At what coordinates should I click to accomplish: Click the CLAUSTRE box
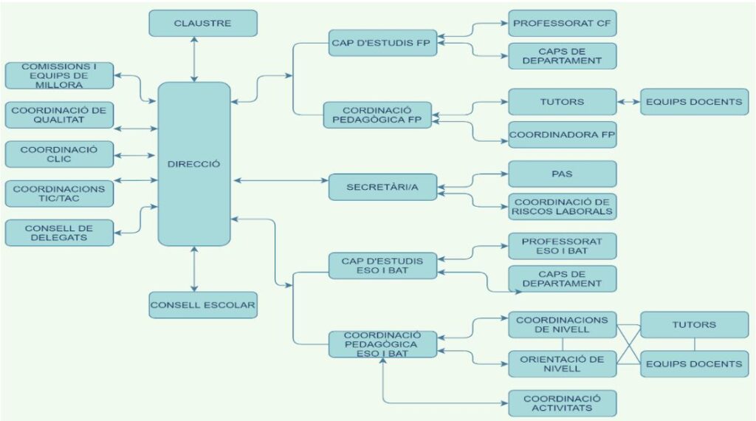click(x=203, y=23)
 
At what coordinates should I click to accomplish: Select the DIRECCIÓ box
click(x=194, y=164)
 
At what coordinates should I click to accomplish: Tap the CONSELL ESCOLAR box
click(x=203, y=304)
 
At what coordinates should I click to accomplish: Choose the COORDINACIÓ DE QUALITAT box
click(x=59, y=115)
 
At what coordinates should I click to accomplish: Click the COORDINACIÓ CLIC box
click(x=59, y=154)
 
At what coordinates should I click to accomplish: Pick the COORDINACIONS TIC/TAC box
click(x=59, y=194)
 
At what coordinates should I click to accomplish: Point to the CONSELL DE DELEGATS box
click(x=59, y=232)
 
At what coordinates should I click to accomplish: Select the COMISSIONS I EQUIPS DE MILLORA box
click(x=59, y=75)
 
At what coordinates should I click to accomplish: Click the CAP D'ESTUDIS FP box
click(x=382, y=42)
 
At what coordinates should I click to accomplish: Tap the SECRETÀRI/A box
click(x=382, y=187)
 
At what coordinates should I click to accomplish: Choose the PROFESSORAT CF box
click(x=562, y=23)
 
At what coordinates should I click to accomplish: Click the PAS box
click(x=562, y=174)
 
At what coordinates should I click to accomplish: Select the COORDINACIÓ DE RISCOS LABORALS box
click(x=562, y=207)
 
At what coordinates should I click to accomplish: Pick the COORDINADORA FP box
click(x=562, y=135)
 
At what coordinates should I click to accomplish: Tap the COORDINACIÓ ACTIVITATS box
click(x=562, y=403)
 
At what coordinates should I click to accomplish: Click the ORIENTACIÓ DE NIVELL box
click(x=562, y=364)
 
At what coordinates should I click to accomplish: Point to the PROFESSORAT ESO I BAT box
click(x=562, y=246)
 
